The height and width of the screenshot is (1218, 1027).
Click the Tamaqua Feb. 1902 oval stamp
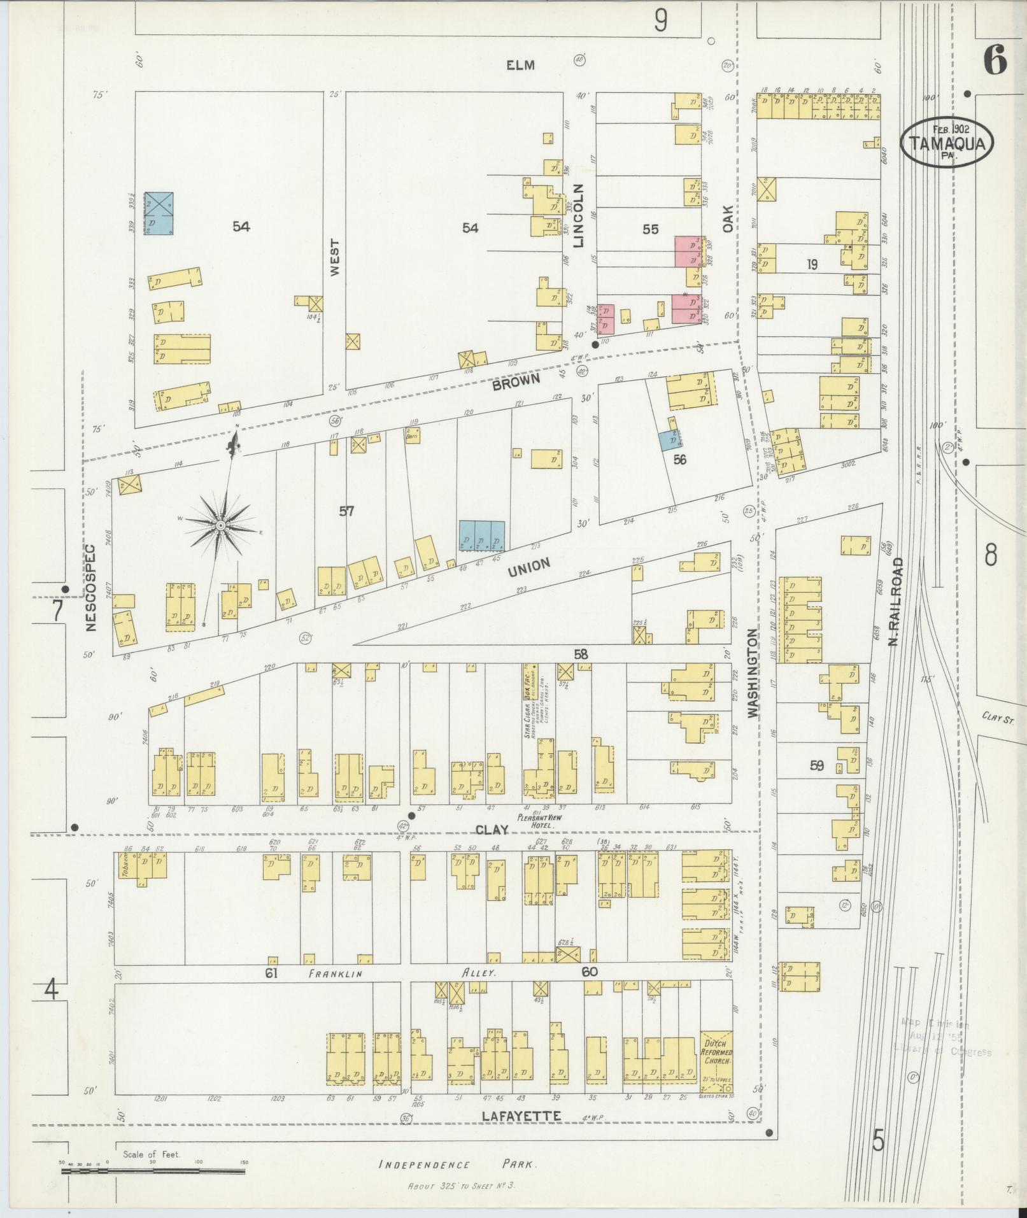(x=947, y=141)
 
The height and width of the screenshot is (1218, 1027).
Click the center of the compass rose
(x=220, y=525)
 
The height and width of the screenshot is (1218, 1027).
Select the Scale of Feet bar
(x=153, y=1170)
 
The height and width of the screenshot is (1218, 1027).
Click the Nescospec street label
(x=90, y=586)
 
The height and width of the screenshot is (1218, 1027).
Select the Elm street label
(x=520, y=64)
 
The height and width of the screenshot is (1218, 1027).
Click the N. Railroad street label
(x=896, y=601)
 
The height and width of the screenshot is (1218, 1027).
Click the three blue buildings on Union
(x=482, y=535)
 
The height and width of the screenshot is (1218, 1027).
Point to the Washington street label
(x=753, y=674)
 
